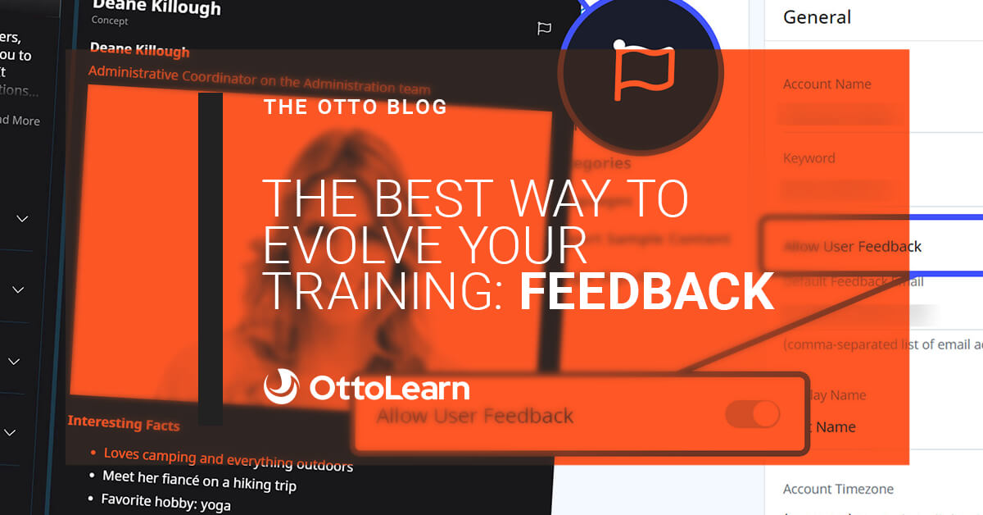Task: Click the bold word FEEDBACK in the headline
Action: click(x=647, y=292)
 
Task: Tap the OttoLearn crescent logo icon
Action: click(x=281, y=387)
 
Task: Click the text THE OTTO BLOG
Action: click(x=356, y=107)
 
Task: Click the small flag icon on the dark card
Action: click(x=544, y=29)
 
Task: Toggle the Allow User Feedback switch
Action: click(x=752, y=414)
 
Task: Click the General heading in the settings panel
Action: click(x=817, y=17)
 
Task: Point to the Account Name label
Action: click(x=827, y=84)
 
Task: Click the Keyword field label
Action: click(x=809, y=158)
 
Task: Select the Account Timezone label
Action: click(x=838, y=489)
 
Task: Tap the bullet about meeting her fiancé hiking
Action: click(x=199, y=481)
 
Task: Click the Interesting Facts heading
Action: click(x=123, y=423)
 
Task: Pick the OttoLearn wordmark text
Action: click(x=389, y=388)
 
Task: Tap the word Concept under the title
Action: click(x=110, y=21)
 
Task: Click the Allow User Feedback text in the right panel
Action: click(x=852, y=246)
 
